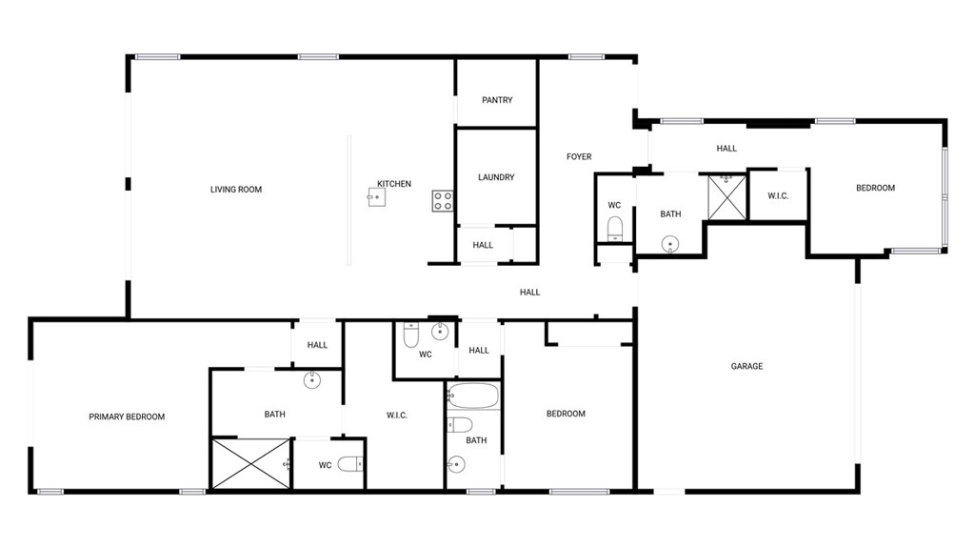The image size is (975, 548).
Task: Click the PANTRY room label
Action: coord(497,100)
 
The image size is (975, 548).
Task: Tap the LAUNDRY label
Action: coord(496,177)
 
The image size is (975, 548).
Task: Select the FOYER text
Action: coord(579,156)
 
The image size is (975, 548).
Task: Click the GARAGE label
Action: coord(746,366)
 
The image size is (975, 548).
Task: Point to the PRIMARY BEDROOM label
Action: coord(127,416)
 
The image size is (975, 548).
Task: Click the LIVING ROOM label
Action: coord(236,190)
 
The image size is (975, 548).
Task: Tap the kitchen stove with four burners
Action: coord(443,200)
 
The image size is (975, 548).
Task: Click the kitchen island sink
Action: coord(376,198)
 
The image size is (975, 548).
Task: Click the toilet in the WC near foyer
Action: coord(614,227)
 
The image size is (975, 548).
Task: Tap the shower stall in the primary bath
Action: coord(249,464)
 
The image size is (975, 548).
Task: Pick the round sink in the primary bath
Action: coord(311,380)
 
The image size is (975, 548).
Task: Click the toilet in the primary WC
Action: coord(350,465)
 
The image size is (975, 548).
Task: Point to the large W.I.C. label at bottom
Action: coord(397,415)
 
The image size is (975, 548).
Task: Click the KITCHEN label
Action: coord(394,184)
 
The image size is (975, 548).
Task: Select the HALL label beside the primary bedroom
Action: coord(317,345)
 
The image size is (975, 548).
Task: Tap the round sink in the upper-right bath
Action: coord(671,244)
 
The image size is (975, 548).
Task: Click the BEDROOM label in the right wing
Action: coord(875,188)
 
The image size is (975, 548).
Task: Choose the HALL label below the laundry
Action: coord(483,245)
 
